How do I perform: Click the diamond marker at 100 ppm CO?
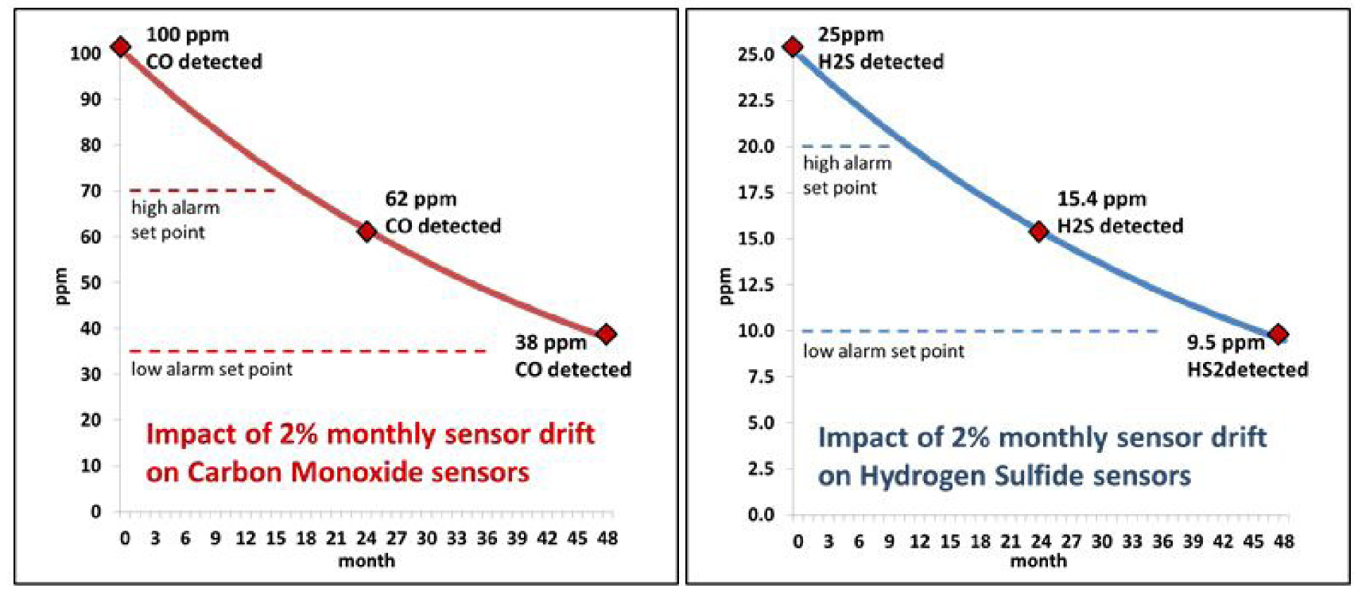pyautogui.click(x=120, y=47)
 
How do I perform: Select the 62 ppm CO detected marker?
pyautogui.click(x=367, y=232)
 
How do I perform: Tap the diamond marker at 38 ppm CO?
pyautogui.click(x=607, y=334)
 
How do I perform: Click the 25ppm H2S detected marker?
pyautogui.click(x=793, y=47)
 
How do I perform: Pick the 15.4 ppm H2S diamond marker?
pyautogui.click(x=1039, y=232)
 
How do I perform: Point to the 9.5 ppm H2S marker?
pyautogui.click(x=1279, y=334)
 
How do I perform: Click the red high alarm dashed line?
pyautogui.click(x=203, y=190)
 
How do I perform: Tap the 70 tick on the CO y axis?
pyautogui.click(x=91, y=191)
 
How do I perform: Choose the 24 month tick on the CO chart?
pyautogui.click(x=367, y=539)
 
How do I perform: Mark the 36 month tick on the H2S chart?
pyautogui.click(x=1162, y=542)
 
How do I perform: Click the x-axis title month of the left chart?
pyautogui.click(x=367, y=561)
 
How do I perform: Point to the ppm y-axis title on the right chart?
pyautogui.click(x=724, y=286)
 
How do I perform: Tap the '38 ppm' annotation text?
pyautogui.click(x=550, y=343)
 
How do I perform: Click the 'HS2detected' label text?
pyautogui.click(x=1247, y=369)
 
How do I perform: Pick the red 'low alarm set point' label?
pyautogui.click(x=211, y=369)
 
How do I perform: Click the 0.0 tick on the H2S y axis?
pyautogui.click(x=761, y=515)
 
